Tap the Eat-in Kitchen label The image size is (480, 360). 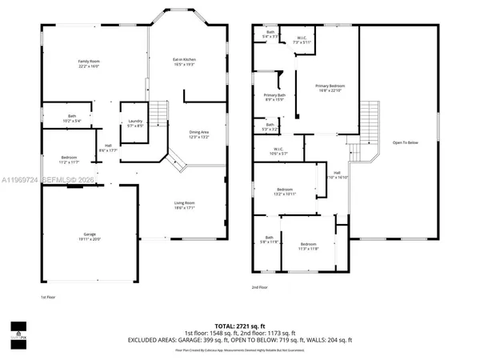pos(185,62)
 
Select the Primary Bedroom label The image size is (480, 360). pos(330,88)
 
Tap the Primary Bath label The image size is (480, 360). pos(274,98)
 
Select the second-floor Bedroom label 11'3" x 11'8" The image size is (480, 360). pos(309,246)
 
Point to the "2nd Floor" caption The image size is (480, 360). pos(261,286)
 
